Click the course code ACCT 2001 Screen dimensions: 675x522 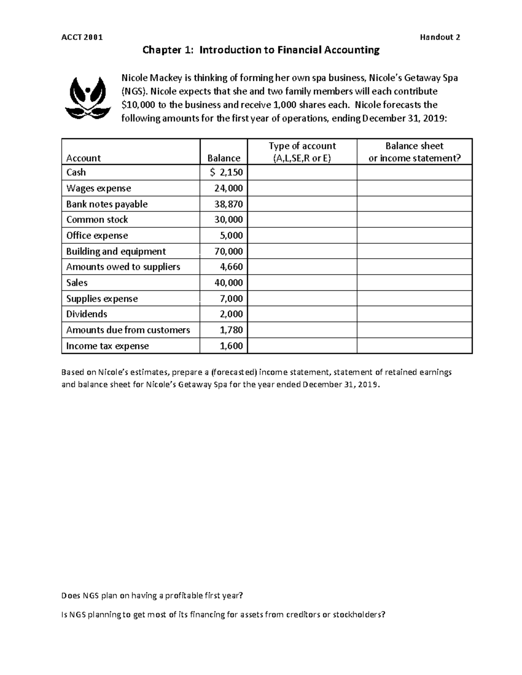click(x=82, y=37)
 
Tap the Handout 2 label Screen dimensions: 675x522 click(x=440, y=37)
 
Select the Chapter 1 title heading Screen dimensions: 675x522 click(x=261, y=50)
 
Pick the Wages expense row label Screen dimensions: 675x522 click(x=98, y=188)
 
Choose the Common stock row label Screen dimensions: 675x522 click(x=97, y=219)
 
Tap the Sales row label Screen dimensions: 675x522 click(x=77, y=283)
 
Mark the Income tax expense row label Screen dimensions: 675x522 click(x=107, y=346)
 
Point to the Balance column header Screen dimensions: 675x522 click(x=224, y=158)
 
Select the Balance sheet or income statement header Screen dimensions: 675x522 click(x=414, y=152)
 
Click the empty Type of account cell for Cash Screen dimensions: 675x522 click(x=302, y=173)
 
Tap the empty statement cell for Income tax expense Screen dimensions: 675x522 click(x=414, y=346)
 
